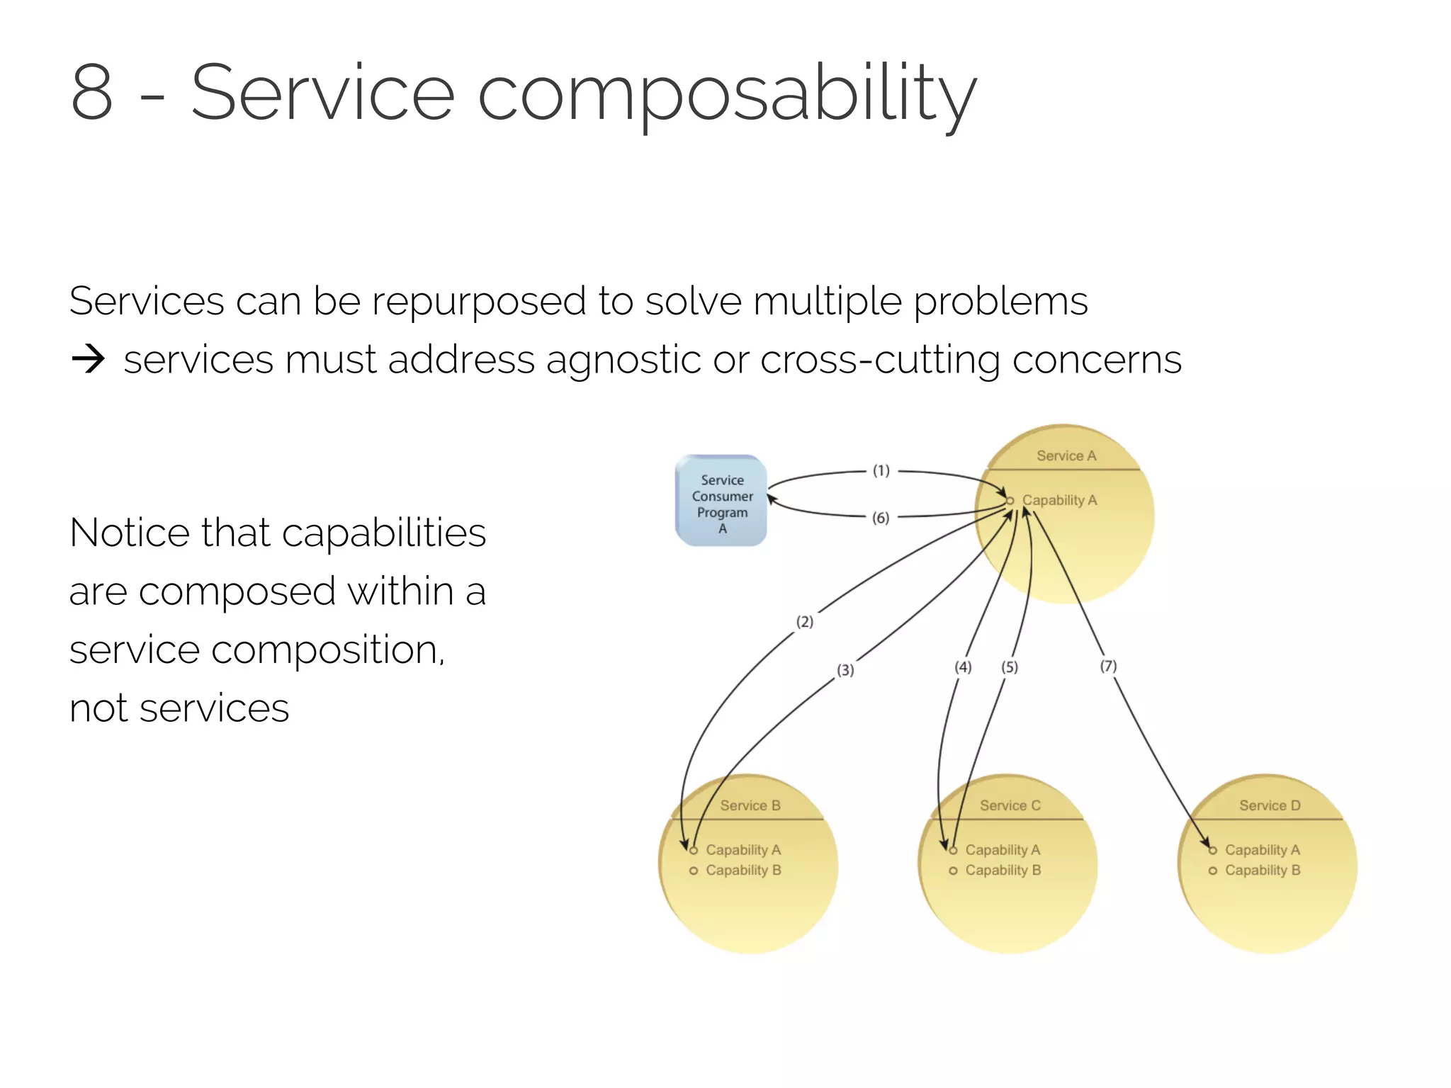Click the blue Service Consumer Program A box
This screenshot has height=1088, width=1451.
coord(721,501)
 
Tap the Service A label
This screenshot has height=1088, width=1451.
coord(1066,455)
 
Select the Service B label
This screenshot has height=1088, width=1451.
coord(750,805)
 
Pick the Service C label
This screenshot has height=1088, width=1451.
coord(1010,805)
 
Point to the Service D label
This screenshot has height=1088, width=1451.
coord(1270,805)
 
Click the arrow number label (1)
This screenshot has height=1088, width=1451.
coord(881,470)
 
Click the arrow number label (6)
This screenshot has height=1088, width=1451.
coord(881,518)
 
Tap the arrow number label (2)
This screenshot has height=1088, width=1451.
coord(805,622)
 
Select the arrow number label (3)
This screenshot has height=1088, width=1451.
coord(845,670)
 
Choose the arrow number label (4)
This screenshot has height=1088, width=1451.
coord(963,667)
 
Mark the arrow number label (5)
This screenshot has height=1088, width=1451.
coord(1010,667)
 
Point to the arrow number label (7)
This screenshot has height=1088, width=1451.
coord(1108,666)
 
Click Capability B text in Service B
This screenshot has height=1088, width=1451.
coord(743,870)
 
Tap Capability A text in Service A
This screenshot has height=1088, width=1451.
coord(1059,500)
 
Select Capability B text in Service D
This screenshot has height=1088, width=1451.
coord(1263,870)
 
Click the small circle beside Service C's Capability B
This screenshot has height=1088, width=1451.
coord(953,871)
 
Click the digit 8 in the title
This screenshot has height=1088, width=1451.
coord(92,92)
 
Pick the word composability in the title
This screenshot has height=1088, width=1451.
coord(727,96)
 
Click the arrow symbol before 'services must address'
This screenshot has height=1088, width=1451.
coord(88,360)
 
